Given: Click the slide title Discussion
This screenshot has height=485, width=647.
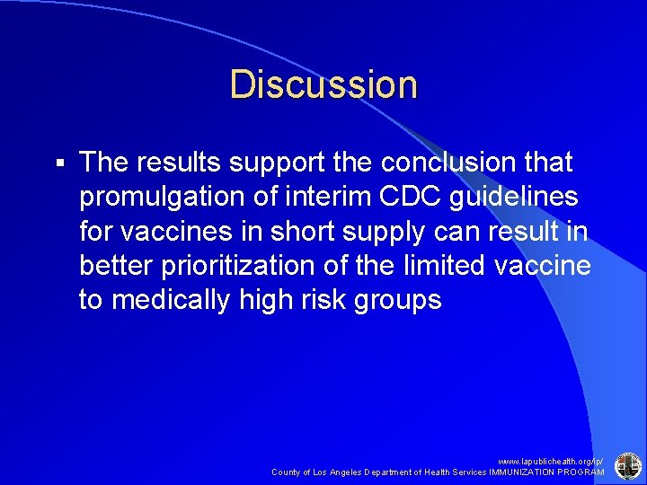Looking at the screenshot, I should [323, 84].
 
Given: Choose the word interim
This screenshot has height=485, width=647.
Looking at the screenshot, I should [333, 196].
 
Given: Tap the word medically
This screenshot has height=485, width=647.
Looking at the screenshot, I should [170, 300].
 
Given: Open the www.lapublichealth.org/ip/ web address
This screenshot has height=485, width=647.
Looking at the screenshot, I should [551, 460].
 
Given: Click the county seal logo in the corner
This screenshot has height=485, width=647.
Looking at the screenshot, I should [626, 465].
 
